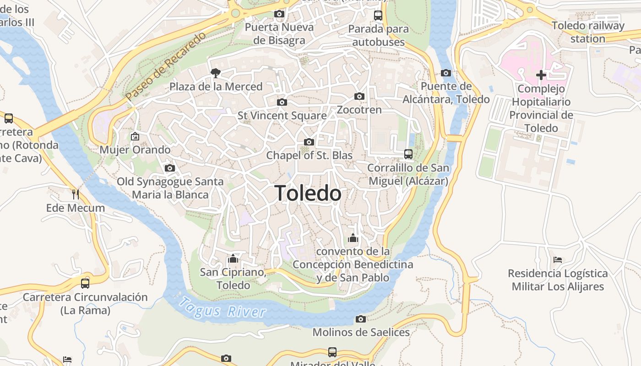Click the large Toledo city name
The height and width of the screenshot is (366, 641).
[308, 194]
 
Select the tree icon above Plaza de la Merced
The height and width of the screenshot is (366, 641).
[215, 73]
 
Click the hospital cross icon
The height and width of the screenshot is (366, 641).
[541, 75]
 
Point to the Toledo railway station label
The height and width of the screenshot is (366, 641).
[588, 32]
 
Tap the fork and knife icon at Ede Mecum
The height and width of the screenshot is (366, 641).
[76, 194]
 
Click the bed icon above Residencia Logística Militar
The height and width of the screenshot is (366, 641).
[557, 260]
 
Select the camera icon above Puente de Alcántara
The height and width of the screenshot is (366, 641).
[445, 73]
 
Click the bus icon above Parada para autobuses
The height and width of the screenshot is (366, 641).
[378, 16]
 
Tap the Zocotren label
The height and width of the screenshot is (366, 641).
[359, 110]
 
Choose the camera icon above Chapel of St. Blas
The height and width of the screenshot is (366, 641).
[309, 142]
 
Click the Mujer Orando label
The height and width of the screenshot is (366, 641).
[135, 150]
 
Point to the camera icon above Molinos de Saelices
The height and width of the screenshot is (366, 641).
[361, 319]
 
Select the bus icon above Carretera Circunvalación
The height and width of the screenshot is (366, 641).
[85, 283]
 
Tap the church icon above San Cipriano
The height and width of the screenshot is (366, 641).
[233, 259]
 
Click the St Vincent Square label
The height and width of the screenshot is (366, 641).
[282, 115]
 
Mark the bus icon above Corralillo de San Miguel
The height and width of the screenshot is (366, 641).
[408, 154]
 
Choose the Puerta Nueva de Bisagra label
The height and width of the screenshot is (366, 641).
[279, 33]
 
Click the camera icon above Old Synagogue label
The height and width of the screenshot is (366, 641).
[170, 168]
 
